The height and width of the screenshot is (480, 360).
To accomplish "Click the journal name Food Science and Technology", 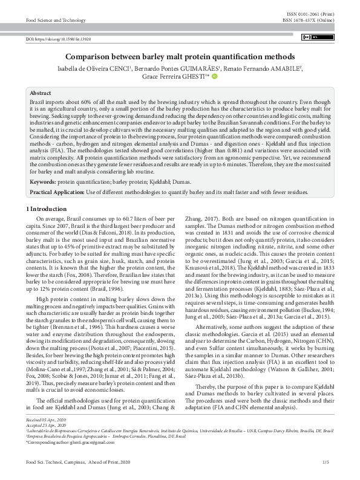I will pos(56,20).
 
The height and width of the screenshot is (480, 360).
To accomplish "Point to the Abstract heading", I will pos(41,94).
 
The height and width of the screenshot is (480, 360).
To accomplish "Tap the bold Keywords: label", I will pos(43,181).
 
